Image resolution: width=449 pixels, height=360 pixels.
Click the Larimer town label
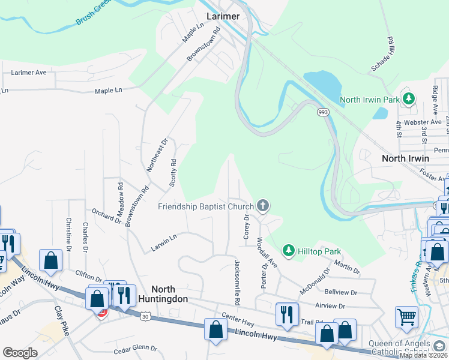pyautogui.click(x=223, y=16)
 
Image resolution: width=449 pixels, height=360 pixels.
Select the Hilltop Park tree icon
pyautogui.click(x=289, y=250)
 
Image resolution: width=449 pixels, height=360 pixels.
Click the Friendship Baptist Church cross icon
pyautogui.click(x=262, y=206)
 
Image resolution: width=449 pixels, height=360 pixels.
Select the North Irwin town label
pyautogui.click(x=406, y=158)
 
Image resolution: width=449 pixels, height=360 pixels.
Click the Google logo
pyautogui.click(x=20, y=352)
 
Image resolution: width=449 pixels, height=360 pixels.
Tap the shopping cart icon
pyautogui.click(x=406, y=317)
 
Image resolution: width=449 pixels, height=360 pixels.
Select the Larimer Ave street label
pyautogui.click(x=29, y=73)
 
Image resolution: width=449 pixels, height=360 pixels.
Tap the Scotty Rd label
pyautogui.click(x=173, y=172)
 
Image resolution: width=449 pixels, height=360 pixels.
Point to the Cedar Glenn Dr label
pyautogui.click(x=135, y=349)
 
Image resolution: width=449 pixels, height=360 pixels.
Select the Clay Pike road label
pyautogui.click(x=62, y=322)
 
